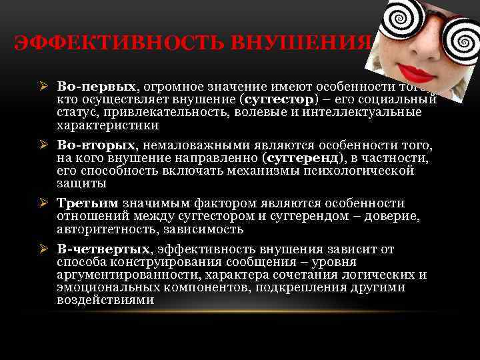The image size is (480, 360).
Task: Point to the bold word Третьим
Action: (x=87, y=203)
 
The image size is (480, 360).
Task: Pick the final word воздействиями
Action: (x=105, y=300)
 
